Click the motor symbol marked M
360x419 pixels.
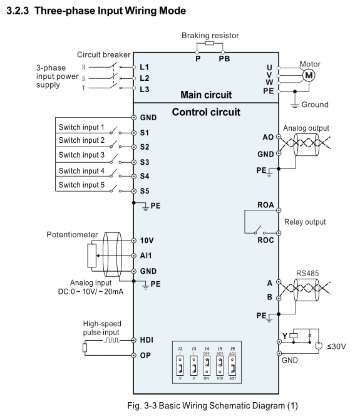(309, 75)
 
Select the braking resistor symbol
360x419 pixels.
(209, 43)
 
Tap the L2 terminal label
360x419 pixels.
(145, 78)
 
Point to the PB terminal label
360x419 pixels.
(224, 59)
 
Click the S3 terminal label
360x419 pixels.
(145, 162)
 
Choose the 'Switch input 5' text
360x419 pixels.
(81, 185)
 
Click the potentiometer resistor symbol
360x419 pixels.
(92, 256)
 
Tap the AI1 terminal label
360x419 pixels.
(146, 256)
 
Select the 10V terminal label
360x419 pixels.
(147, 241)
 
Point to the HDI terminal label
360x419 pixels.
(147, 340)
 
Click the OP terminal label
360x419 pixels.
(145, 355)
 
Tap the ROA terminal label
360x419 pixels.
(265, 205)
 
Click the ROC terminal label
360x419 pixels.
(265, 241)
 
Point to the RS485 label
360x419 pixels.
(307, 273)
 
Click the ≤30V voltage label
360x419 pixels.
(336, 346)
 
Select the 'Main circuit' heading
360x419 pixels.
(206, 95)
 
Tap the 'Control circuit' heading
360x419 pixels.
(206, 112)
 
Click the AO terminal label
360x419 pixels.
(268, 137)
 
